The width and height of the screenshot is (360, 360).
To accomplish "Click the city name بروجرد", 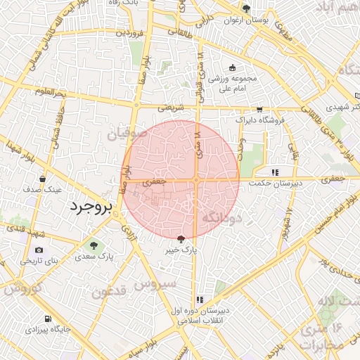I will (82, 207).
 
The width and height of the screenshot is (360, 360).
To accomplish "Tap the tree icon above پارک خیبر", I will (181, 239).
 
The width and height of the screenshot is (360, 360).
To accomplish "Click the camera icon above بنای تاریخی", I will (38, 250).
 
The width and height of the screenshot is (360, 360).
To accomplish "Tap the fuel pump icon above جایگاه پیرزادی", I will (47, 318).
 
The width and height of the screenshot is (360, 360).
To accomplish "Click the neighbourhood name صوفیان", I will (127, 131).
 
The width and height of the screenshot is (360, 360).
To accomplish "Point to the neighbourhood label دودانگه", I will (222, 219).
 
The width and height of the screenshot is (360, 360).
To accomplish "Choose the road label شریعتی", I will (170, 108).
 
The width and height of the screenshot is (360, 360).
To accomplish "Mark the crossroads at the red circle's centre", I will (195, 181).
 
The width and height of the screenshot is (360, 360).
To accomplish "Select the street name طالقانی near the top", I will (180, 32).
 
